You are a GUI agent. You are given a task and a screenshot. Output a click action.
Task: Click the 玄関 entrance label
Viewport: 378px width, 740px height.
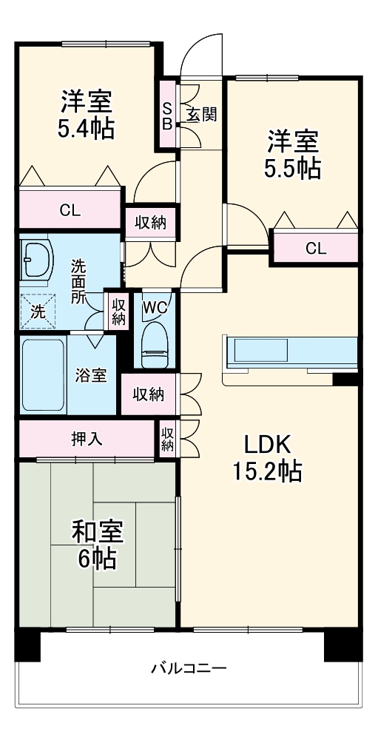pyautogui.click(x=200, y=115)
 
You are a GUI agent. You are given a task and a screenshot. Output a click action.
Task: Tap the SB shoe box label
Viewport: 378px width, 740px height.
pyautogui.click(x=167, y=115)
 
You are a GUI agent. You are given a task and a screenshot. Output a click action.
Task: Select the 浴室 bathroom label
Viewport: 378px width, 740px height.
pyautogui.click(x=91, y=375)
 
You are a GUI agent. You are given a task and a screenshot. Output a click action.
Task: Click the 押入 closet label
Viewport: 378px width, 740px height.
pyautogui.click(x=87, y=438)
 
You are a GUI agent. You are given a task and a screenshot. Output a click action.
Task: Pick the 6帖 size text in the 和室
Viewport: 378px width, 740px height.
pyautogui.click(x=97, y=559)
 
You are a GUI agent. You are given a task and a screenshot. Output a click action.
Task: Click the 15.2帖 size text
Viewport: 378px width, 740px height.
pyautogui.click(x=269, y=471)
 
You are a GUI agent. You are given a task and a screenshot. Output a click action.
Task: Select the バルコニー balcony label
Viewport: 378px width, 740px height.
pyautogui.click(x=189, y=669)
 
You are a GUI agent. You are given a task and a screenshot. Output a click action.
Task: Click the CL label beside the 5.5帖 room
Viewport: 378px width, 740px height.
pyautogui.click(x=316, y=249)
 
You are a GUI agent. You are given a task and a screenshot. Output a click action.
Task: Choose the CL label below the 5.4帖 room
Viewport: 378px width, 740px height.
pyautogui.click(x=70, y=210)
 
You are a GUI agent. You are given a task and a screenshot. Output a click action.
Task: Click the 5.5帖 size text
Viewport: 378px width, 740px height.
pyautogui.click(x=293, y=168)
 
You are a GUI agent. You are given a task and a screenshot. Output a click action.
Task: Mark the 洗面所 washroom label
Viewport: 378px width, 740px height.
pyautogui.click(x=78, y=282)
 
